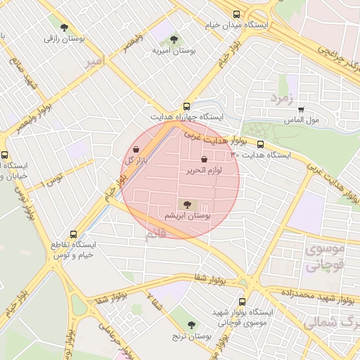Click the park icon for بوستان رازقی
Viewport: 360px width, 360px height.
pyautogui.click(x=65, y=28)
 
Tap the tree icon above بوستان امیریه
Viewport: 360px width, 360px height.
pyautogui.click(x=174, y=39)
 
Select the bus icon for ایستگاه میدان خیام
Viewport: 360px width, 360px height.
pyautogui.click(x=236, y=14)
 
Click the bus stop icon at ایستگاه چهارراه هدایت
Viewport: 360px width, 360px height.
pyautogui.click(x=186, y=103)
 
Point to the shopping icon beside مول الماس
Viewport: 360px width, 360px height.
pyautogui.click(x=302, y=110)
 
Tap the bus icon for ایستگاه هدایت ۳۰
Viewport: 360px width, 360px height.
pyautogui.click(x=260, y=143)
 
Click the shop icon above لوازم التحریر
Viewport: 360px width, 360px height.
pyautogui.click(x=204, y=160)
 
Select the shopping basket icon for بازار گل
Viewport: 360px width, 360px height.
pyautogui.click(x=136, y=150)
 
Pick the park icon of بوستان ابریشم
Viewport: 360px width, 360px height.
pyautogui.click(x=186, y=203)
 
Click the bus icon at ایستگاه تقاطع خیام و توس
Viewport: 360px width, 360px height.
pyautogui.click(x=73, y=234)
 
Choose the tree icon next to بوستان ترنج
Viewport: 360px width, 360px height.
pyautogui.click(x=191, y=325)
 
